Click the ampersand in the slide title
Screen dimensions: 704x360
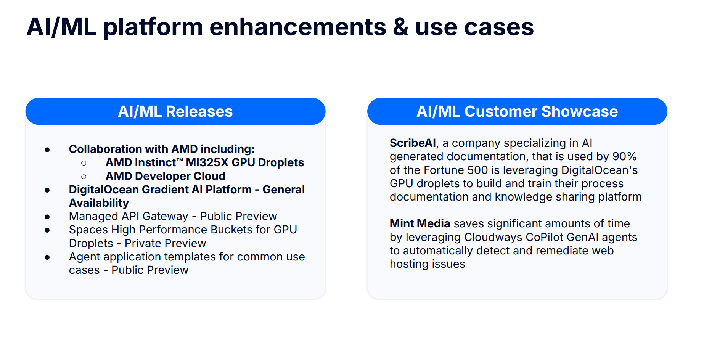pyautogui.click(x=400, y=27)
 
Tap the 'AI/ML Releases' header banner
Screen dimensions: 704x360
pyautogui.click(x=175, y=111)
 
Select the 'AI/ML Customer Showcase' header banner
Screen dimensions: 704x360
pyautogui.click(x=517, y=111)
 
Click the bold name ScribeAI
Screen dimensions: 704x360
pyautogui.click(x=412, y=143)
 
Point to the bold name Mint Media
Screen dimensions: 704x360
pyautogui.click(x=420, y=223)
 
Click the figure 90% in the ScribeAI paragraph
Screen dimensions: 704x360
pyautogui.click(x=624, y=156)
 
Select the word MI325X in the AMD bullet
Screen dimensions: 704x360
pyautogui.click(x=207, y=162)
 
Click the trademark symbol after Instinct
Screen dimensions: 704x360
pyautogui.click(x=180, y=160)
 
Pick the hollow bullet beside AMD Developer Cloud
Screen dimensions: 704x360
pyautogui.click(x=84, y=177)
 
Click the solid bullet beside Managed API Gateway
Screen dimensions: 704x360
pyautogui.click(x=47, y=217)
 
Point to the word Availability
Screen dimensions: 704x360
pyautogui.click(x=99, y=203)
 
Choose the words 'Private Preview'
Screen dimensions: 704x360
pyautogui.click(x=165, y=243)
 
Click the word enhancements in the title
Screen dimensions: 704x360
pyautogui.click(x=298, y=27)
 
